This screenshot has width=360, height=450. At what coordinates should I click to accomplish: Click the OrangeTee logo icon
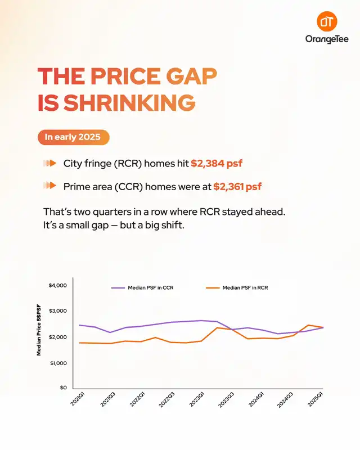[327, 22]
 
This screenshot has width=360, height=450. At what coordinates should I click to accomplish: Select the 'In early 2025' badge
[73, 137]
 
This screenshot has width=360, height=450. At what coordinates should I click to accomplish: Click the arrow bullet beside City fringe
[50, 163]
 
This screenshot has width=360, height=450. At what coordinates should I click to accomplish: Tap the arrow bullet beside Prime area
[50, 185]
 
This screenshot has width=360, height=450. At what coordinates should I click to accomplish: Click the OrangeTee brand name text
[327, 40]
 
